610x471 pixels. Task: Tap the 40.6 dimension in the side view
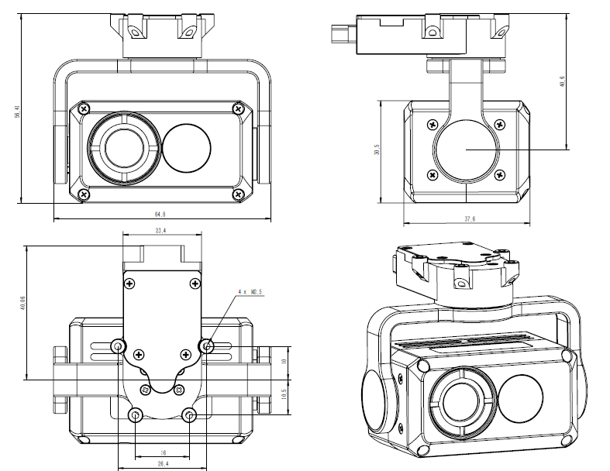coord(583,80)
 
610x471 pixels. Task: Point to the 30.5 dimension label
coord(377,151)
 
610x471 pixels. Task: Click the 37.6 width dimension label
coord(469,218)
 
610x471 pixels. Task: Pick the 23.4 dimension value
coord(160,230)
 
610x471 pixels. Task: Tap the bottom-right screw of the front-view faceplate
coord(239,194)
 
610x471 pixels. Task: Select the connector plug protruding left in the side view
coord(339,34)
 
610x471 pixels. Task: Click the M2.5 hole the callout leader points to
coord(207,345)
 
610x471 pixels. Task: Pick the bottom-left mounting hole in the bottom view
coord(136,416)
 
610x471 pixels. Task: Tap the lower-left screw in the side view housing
coord(431,175)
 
